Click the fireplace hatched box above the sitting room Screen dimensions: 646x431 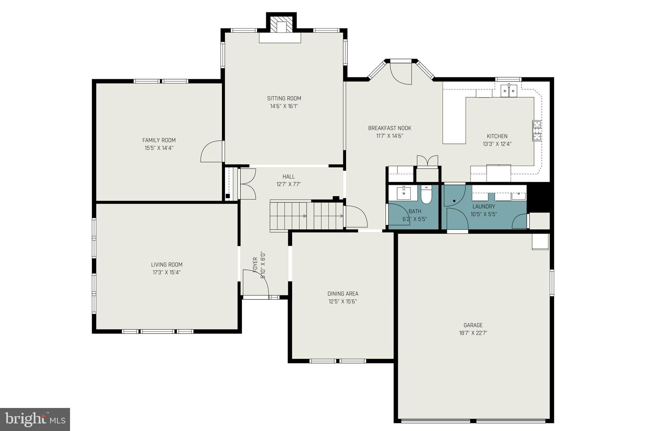[281, 27]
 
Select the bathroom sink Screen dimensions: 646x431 [404, 193]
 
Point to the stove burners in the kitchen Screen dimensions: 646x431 [537, 130]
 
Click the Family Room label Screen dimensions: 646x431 [159, 140]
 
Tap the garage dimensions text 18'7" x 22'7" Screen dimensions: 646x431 [473, 333]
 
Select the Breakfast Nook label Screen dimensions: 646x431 [390, 128]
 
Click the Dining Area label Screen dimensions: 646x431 [343, 293]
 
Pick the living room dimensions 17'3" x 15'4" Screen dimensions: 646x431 [167, 272]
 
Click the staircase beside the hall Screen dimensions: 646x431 [307, 216]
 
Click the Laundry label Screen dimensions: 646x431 [484, 206]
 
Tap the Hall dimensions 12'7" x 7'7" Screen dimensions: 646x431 [289, 184]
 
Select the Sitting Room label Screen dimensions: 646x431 [284, 98]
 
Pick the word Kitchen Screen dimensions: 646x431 [497, 136]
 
